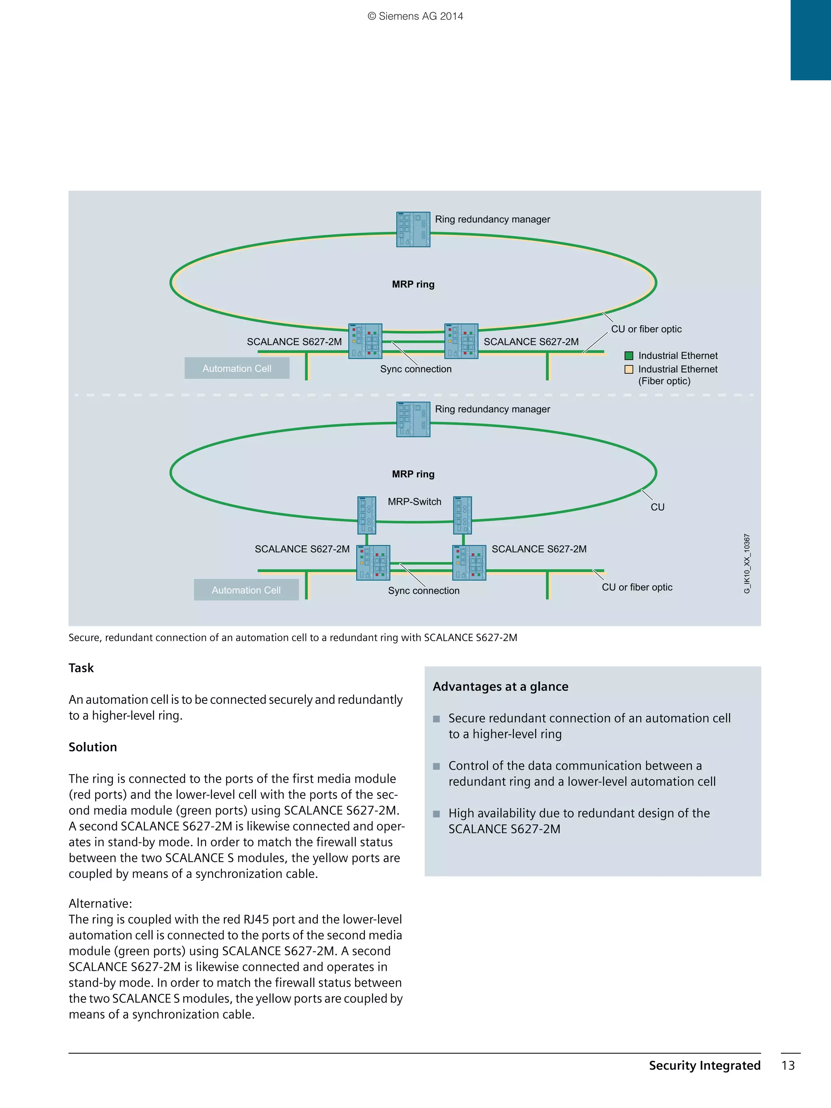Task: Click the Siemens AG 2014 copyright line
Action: coord(415,16)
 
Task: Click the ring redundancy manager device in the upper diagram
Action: coord(413,229)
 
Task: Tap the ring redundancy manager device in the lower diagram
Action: coord(413,419)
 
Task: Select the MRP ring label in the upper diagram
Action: coord(413,284)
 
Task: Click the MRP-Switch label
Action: coord(414,501)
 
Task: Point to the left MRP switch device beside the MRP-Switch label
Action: coord(367,515)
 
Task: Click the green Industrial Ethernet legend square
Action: coord(629,356)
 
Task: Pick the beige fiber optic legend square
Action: coord(629,369)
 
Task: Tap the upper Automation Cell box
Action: coord(237,368)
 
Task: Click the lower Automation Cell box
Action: coord(246,589)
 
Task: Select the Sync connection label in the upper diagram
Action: coord(416,369)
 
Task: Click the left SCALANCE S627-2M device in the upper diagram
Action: coord(365,341)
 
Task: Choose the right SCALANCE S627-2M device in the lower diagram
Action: coord(469,562)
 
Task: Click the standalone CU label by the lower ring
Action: coord(657,507)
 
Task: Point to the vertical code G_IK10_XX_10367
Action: coord(747,564)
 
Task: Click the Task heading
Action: coord(81,668)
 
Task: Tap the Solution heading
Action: coord(93,747)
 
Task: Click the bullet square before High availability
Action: coord(436,814)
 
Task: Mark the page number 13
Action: coord(788,1065)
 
